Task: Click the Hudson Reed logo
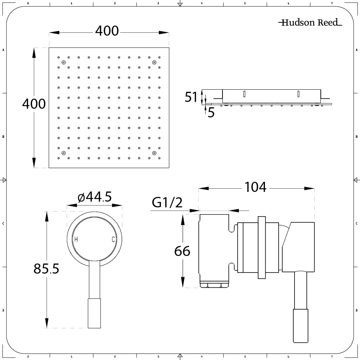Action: tap(310, 22)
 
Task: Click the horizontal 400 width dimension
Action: tap(107, 31)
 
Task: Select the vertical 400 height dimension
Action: tap(34, 104)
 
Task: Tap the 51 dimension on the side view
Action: tap(191, 97)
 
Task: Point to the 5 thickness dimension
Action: tap(211, 113)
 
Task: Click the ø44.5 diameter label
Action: tap(95, 197)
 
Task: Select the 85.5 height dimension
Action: tap(46, 269)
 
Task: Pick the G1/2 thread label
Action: tap(167, 202)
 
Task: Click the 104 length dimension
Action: tap(256, 187)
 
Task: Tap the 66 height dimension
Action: tap(182, 251)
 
